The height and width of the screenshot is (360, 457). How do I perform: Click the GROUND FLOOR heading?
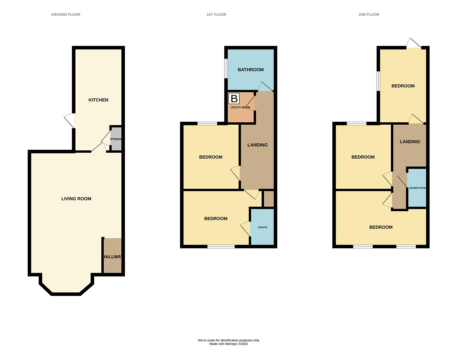pyautogui.click(x=66, y=15)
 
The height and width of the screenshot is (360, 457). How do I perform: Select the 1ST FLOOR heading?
pyautogui.click(x=216, y=15)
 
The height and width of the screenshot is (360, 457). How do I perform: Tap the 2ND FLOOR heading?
pyautogui.click(x=369, y=15)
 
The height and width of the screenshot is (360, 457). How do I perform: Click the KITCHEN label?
pyautogui.click(x=98, y=100)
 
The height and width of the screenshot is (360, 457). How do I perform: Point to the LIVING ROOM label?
pyautogui.click(x=76, y=199)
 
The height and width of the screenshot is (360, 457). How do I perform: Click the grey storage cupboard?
pyautogui.click(x=116, y=139)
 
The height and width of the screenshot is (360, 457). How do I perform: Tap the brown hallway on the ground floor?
pyautogui.click(x=112, y=256)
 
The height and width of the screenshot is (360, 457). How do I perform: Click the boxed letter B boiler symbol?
pyautogui.click(x=234, y=99)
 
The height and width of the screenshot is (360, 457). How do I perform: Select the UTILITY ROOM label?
pyautogui.click(x=240, y=108)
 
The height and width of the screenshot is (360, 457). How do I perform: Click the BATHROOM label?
pyautogui.click(x=251, y=70)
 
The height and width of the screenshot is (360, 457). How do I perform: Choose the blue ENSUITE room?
pyautogui.click(x=262, y=227)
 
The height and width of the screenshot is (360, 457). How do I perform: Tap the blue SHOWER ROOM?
pyautogui.click(x=417, y=188)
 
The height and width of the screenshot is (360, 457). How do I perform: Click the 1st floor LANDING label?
pyautogui.click(x=257, y=145)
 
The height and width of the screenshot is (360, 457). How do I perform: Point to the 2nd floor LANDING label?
pyautogui.click(x=410, y=142)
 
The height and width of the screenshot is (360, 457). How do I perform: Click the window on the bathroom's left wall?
pyautogui.click(x=226, y=69)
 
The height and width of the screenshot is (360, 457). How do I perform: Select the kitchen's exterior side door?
pyautogui.click(x=70, y=121)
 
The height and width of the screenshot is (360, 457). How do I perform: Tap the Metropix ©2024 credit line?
pyautogui.click(x=228, y=344)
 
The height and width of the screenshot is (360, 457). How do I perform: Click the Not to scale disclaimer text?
pyautogui.click(x=228, y=340)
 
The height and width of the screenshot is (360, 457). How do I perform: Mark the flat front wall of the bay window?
pyautogui.click(x=66, y=294)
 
